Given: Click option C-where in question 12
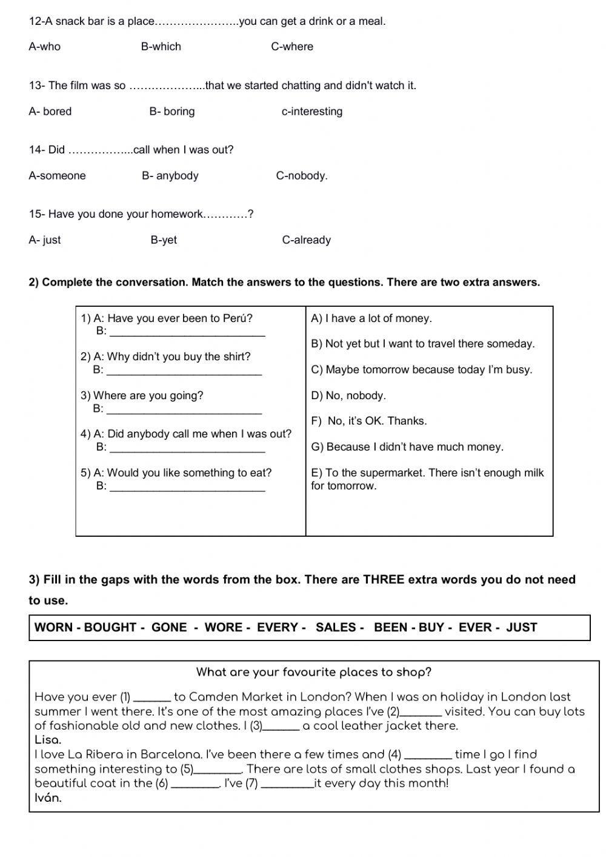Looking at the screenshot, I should coord(292,47).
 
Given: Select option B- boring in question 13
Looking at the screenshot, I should coord(172,112).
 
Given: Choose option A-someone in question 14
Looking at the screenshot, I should coord(57,176).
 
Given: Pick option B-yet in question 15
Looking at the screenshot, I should coord(164,240).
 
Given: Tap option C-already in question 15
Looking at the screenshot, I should coord(306,240).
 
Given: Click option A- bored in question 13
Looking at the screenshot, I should coord(50,112).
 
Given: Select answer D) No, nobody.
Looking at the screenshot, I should coord(348,395).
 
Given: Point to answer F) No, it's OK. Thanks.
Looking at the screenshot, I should coord(368,421).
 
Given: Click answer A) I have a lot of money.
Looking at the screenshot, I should coord(371,318).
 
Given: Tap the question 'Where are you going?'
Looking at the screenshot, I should coord(142,395).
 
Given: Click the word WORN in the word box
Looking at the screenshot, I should coord(54,628).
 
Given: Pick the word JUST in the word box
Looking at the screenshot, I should coord(521,628).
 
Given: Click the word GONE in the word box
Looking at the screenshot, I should coord(169,628).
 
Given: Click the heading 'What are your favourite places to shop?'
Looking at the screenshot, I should coord(313,672).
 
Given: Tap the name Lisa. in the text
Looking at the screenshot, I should coord(48,740).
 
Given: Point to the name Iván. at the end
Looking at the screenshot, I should coord(48,798).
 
